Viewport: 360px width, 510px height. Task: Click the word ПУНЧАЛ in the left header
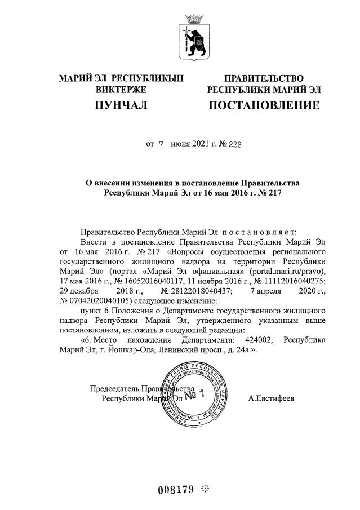tap(121, 105)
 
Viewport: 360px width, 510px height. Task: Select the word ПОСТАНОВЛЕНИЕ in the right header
tap(264, 105)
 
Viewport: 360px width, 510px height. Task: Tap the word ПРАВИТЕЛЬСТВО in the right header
tap(264, 78)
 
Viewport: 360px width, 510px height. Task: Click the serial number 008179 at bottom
tap(177, 489)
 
